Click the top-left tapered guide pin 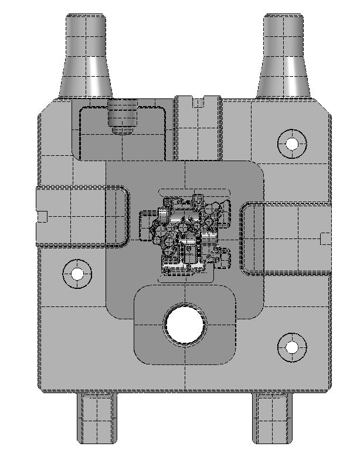86,35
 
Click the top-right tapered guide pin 284,35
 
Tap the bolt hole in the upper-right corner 291,142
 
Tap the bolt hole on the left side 77,273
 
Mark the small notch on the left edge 42,216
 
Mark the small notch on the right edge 326,237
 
